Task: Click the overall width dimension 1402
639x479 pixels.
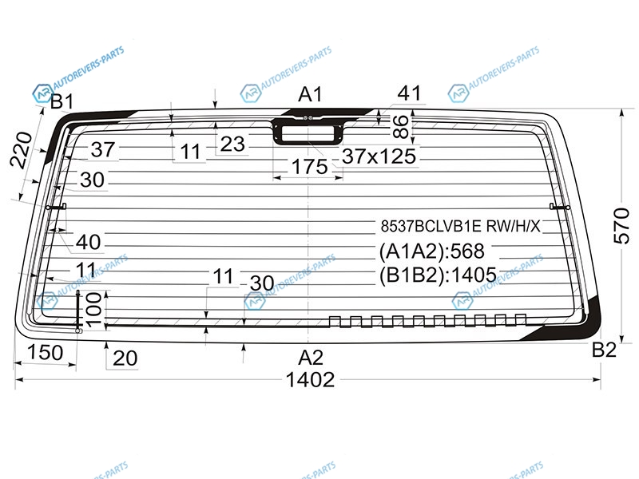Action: tap(310, 380)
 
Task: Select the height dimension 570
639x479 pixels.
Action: tap(622, 225)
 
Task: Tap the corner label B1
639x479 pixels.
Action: tap(62, 101)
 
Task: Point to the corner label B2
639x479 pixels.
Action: tap(604, 350)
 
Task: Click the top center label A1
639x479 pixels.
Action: tap(310, 94)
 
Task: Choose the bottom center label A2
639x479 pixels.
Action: tap(311, 358)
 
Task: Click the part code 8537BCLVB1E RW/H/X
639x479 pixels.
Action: tap(460, 226)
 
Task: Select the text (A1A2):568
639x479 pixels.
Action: tap(431, 251)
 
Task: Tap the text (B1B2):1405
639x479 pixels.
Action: tap(438, 275)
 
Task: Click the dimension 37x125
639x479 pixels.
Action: tap(379, 156)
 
